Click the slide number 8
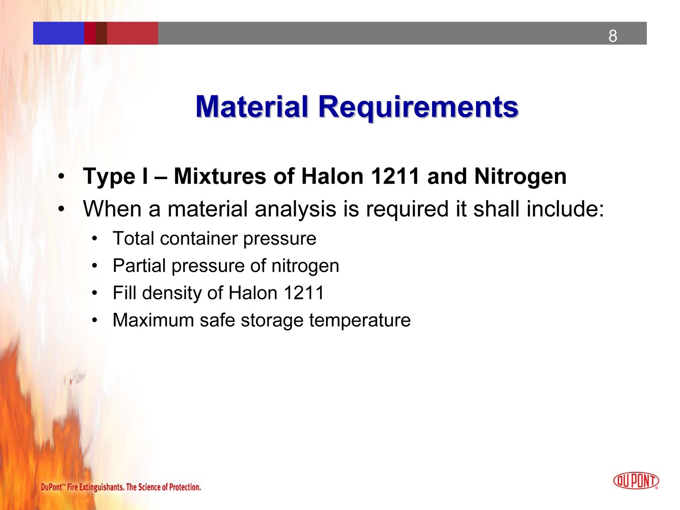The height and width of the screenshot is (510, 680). (612, 36)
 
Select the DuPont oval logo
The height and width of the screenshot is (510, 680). (636, 481)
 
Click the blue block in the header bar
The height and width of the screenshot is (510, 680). (59, 33)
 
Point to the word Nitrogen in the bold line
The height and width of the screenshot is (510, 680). (520, 176)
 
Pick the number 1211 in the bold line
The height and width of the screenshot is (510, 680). (395, 176)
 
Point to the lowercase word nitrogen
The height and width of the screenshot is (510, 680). (305, 266)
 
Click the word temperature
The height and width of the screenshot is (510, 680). (360, 320)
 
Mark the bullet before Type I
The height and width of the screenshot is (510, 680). (62, 176)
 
